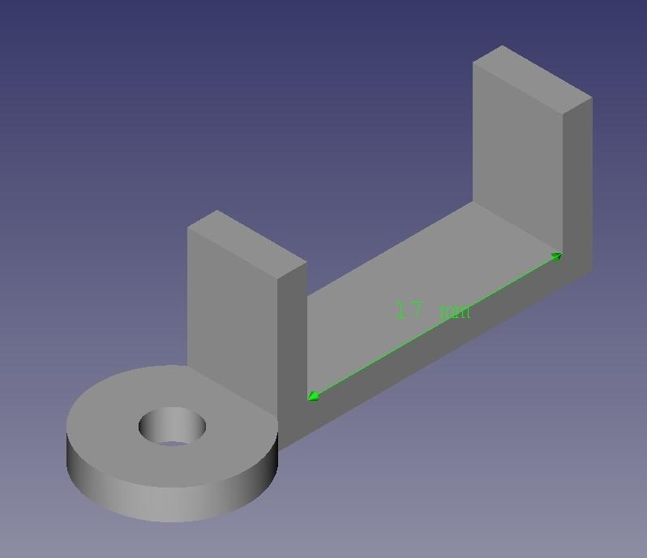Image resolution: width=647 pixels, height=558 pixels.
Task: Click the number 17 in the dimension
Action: pyautogui.click(x=409, y=310)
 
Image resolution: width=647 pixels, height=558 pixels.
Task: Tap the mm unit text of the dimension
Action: pyautogui.click(x=455, y=311)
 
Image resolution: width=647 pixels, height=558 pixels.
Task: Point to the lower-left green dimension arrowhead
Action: pyautogui.click(x=313, y=396)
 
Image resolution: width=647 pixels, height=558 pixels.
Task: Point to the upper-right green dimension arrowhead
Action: pyautogui.click(x=557, y=256)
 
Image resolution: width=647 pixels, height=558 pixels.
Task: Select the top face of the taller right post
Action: pyautogui.click(x=532, y=78)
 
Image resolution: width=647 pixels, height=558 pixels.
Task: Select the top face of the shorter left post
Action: pyautogui.click(x=247, y=243)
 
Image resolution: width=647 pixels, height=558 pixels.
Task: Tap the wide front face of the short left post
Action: pyautogui.click(x=232, y=308)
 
